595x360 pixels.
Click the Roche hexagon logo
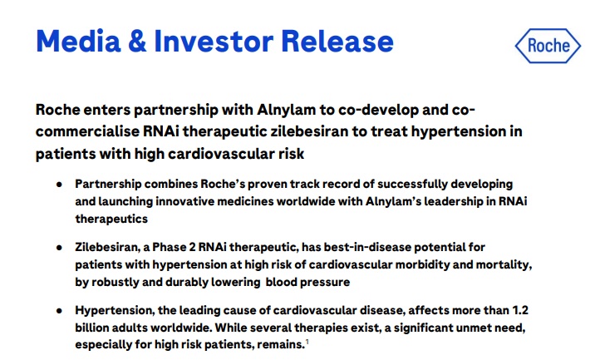(548, 46)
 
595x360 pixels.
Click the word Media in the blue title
(78, 41)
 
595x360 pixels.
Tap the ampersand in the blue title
(137, 41)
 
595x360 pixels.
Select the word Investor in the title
(214, 41)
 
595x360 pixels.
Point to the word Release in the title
(337, 41)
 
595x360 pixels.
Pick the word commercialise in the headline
(87, 131)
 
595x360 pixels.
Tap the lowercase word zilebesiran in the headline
(309, 131)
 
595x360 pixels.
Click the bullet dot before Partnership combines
(59, 185)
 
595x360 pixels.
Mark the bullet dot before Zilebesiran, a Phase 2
(59, 248)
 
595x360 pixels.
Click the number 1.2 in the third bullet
(520, 310)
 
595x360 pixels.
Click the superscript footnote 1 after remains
(307, 343)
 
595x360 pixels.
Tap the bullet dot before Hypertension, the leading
(59, 311)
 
